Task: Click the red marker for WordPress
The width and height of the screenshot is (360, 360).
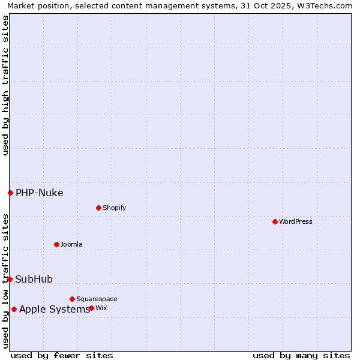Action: point(275,221)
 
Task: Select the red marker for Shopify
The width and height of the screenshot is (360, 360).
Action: point(98,208)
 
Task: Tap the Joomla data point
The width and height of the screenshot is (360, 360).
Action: point(56,244)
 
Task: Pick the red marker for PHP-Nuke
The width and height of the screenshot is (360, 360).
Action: point(10,193)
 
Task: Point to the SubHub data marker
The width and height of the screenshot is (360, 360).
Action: point(10,279)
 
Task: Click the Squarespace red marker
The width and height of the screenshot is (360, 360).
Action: point(72,299)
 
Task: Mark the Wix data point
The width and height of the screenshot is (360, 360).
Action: point(91,308)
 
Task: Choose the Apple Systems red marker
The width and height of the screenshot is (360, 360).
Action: point(14,309)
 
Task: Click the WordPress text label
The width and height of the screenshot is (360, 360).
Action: point(296,221)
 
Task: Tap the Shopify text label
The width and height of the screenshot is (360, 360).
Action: point(114,208)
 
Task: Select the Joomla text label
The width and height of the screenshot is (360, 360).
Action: point(71,244)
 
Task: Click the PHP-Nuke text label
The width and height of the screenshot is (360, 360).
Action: point(40,193)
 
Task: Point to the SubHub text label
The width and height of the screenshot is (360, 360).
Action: point(34,279)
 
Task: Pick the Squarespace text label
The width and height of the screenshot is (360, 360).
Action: point(97,299)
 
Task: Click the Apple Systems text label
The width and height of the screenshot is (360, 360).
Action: point(55,309)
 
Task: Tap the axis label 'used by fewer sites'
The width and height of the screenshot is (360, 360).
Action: point(62,355)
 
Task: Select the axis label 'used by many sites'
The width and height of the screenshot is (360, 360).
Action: point(301,355)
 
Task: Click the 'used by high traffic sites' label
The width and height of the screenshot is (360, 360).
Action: point(5,85)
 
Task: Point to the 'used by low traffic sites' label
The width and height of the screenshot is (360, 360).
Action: point(5,280)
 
